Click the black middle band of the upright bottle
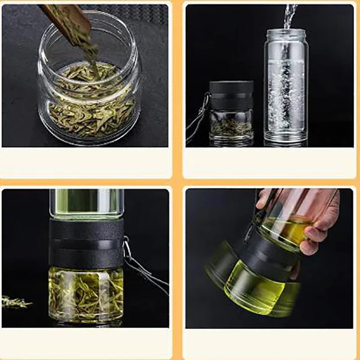pos(86,243)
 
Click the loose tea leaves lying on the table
pos(16,302)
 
